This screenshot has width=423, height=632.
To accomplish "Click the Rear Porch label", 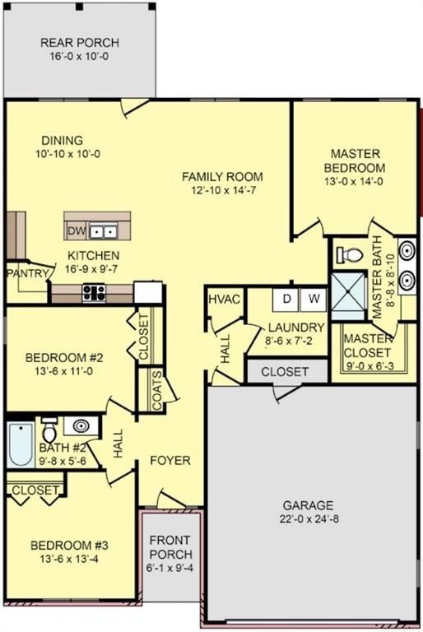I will [x=81, y=43].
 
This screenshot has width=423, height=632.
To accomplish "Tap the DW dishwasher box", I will [x=76, y=230].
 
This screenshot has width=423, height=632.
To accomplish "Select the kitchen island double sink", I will [x=102, y=230].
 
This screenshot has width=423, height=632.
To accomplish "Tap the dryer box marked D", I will [x=287, y=299].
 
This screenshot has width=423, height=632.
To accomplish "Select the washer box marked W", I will [x=314, y=299].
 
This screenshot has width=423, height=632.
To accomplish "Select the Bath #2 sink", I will [x=80, y=426].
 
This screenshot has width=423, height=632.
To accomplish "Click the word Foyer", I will [x=170, y=460].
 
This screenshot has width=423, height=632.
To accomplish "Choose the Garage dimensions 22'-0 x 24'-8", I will [x=309, y=518].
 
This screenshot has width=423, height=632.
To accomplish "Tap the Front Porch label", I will [x=170, y=549].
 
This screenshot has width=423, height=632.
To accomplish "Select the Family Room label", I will [x=222, y=177].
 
